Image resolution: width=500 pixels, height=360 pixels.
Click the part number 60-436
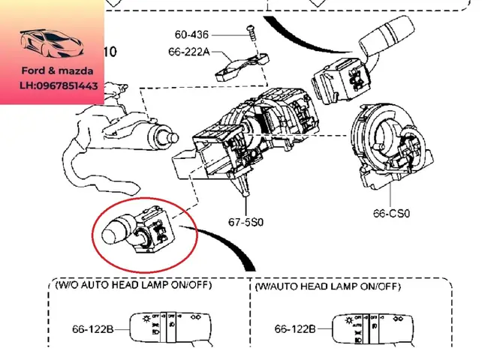click(192, 34)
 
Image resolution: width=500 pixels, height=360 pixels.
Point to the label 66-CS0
click(391, 213)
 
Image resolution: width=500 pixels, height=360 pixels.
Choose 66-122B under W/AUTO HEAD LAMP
click(294, 328)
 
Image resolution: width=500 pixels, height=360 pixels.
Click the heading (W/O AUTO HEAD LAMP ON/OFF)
click(134, 286)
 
